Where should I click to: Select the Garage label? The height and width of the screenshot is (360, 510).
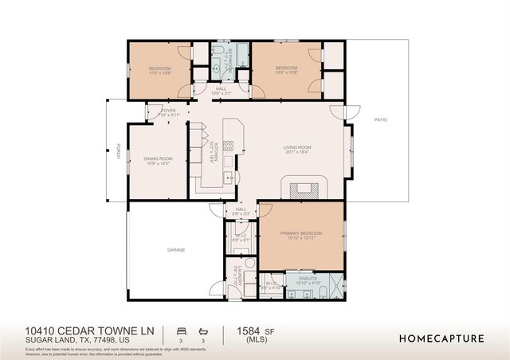pyautogui.click(x=176, y=250)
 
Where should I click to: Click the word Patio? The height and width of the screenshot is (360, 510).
pyautogui.click(x=380, y=119)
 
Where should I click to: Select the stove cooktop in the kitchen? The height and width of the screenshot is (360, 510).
pyautogui.click(x=228, y=146)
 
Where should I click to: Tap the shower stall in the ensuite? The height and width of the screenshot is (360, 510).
pyautogui.click(x=335, y=285)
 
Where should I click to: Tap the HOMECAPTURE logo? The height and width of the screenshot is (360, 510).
pyautogui.click(x=441, y=338)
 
